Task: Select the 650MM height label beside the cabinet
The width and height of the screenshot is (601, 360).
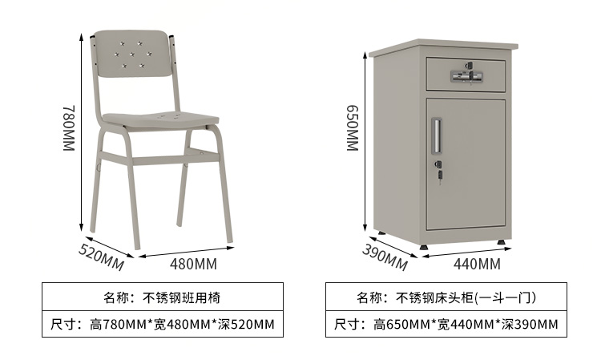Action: (353, 127)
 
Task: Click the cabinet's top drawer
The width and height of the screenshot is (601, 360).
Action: (465, 74)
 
